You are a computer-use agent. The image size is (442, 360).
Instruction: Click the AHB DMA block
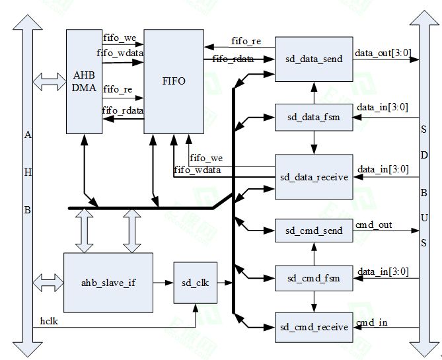coord(83,80)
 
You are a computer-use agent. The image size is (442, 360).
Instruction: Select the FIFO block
coord(174,81)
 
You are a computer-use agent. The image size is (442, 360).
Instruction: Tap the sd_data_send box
coord(314,59)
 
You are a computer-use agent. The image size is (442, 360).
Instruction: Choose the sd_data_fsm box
coord(314,118)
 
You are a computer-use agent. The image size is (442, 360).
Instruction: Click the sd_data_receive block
coord(314,177)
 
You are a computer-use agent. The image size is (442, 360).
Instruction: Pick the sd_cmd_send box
coord(314,231)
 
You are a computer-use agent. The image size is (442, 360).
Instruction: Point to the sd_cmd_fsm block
coord(314,278)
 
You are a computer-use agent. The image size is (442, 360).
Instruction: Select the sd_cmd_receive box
coord(314,326)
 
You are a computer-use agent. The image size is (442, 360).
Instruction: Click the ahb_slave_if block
coord(108,282)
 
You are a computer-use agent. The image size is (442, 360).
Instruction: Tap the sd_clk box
coord(196,283)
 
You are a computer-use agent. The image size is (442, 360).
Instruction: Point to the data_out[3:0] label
coord(381,52)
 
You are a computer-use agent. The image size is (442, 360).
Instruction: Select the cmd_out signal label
coord(374,225)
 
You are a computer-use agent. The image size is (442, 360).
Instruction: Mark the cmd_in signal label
coord(371,322)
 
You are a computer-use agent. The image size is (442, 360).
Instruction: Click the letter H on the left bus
coord(27,172)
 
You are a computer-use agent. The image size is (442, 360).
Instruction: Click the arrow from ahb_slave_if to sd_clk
coord(163,283)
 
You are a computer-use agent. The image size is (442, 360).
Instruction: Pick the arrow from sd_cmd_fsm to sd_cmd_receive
coord(314,303)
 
